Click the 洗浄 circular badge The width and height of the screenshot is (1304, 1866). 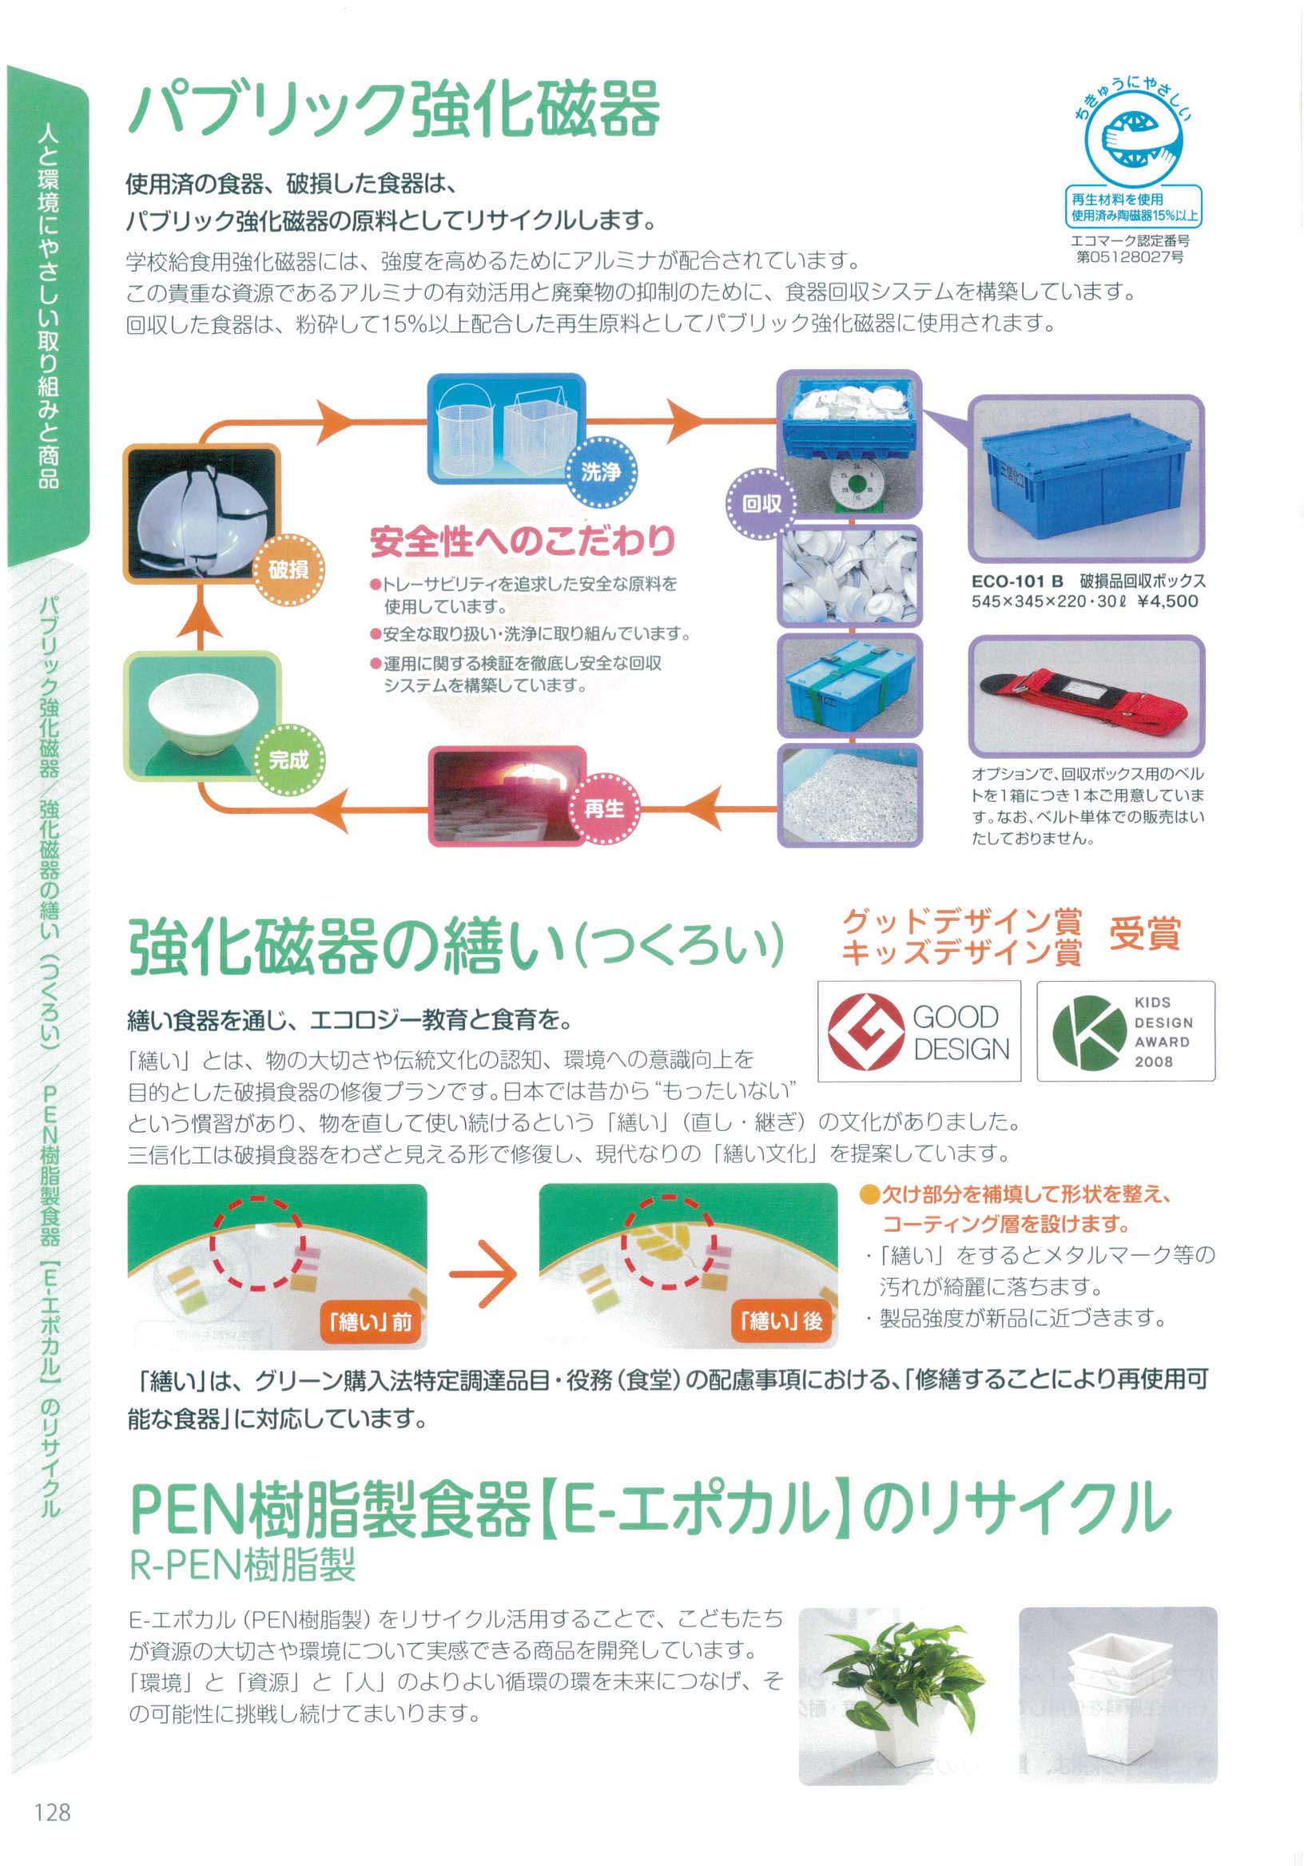coord(601,472)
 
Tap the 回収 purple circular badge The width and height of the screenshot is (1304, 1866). coord(761,504)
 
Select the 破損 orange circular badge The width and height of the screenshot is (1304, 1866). coord(288,569)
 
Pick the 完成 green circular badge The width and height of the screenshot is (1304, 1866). coord(288,760)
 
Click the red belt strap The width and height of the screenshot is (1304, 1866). coord(1084,695)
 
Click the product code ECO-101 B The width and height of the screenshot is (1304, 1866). coord(1017,582)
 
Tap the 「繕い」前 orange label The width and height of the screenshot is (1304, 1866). coord(370,1322)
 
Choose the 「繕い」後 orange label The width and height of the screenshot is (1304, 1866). coord(781,1321)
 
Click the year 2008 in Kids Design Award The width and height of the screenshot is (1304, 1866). coord(1154,1062)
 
